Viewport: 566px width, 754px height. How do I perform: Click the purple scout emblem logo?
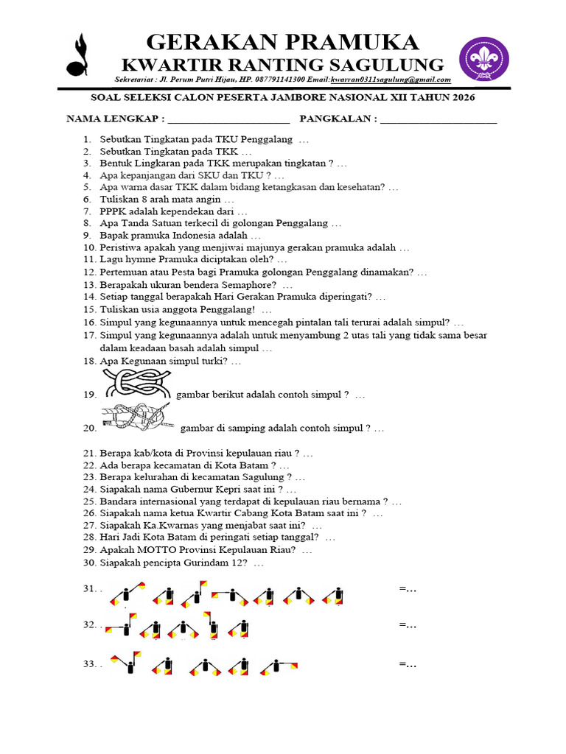[x=485, y=60]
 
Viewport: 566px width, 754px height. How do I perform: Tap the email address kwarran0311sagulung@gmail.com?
[x=391, y=80]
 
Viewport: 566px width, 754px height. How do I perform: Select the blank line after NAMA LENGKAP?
[x=229, y=119]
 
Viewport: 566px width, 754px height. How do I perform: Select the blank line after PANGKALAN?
[x=439, y=119]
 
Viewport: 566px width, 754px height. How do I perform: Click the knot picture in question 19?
[x=137, y=384]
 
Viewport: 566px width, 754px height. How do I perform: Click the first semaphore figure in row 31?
[x=128, y=593]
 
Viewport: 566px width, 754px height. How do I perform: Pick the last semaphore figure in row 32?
[x=238, y=629]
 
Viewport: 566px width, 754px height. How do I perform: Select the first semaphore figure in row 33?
[x=126, y=662]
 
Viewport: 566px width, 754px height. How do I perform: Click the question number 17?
[x=90, y=335]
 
